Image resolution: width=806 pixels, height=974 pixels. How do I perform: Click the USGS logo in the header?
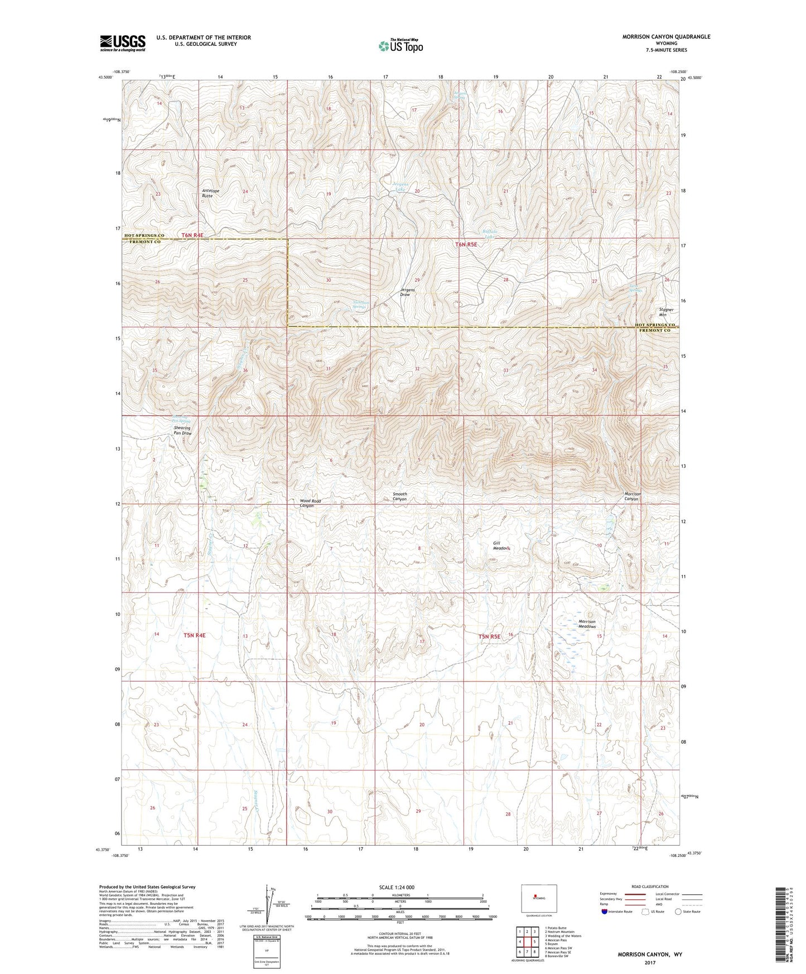click(122, 43)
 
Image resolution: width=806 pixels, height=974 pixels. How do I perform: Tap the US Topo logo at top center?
click(400, 46)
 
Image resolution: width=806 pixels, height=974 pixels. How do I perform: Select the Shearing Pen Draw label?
click(182, 431)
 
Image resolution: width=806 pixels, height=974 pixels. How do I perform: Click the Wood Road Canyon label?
click(311, 503)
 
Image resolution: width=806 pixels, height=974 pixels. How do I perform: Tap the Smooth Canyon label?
click(399, 496)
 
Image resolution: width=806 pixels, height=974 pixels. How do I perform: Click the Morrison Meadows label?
click(587, 624)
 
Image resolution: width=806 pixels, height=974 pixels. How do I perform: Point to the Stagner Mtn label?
click(666, 312)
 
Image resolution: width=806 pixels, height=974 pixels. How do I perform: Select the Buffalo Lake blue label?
click(489, 234)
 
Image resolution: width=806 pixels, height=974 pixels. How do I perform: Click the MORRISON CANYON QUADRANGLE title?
click(666, 36)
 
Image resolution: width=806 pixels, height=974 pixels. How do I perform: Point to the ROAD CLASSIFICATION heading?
click(650, 886)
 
